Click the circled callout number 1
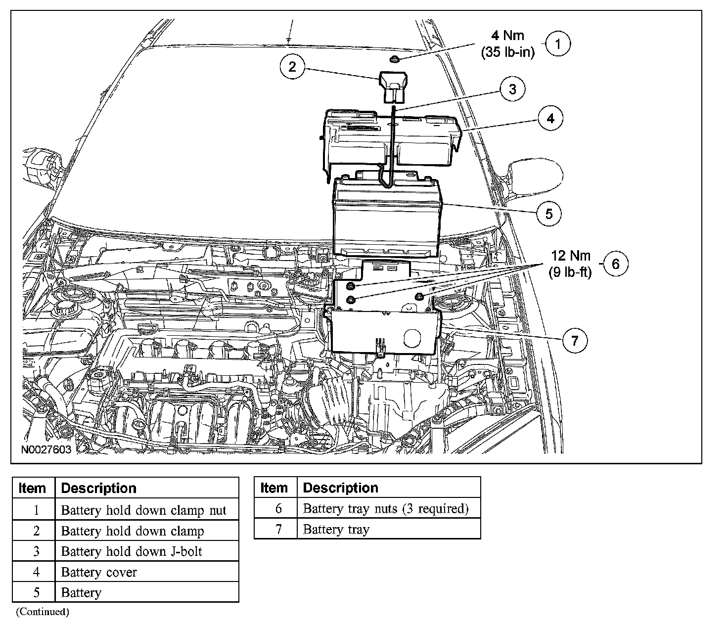coord(558,44)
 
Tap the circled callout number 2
coord(292,66)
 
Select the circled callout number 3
coord(512,89)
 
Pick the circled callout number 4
coord(550,118)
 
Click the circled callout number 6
coord(615,264)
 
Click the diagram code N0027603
coord(46,450)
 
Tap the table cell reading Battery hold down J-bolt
coord(132,551)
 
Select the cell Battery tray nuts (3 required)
coord(385,508)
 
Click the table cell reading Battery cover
coord(99,572)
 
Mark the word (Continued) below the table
coord(43,612)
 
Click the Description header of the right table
coord(341,488)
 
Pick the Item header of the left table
coord(32,488)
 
